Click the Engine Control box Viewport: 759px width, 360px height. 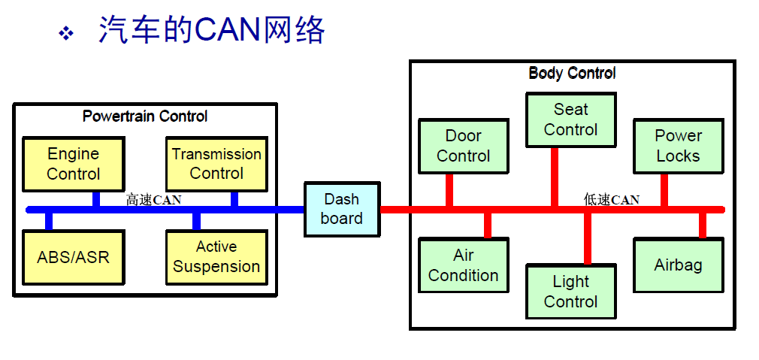click(73, 164)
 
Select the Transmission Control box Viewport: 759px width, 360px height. click(216, 164)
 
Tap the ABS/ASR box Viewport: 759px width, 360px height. click(73, 257)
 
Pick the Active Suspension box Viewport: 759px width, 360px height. click(216, 257)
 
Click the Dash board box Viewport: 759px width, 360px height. click(341, 209)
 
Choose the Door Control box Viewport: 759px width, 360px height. click(463, 146)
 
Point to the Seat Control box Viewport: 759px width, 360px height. click(570, 119)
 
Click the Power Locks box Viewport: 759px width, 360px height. click(678, 146)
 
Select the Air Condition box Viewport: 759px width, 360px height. click(463, 265)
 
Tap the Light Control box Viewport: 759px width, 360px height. click(570, 292)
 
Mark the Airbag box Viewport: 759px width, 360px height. click(678, 265)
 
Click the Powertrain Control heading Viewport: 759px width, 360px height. click(145, 116)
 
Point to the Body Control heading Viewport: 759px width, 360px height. click(572, 73)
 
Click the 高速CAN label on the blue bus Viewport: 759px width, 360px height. click(153, 199)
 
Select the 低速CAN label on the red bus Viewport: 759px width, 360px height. click(612, 199)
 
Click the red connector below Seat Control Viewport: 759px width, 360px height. click(555, 176)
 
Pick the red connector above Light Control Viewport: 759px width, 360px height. click(588, 237)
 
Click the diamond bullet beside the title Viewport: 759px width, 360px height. click(66, 32)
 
